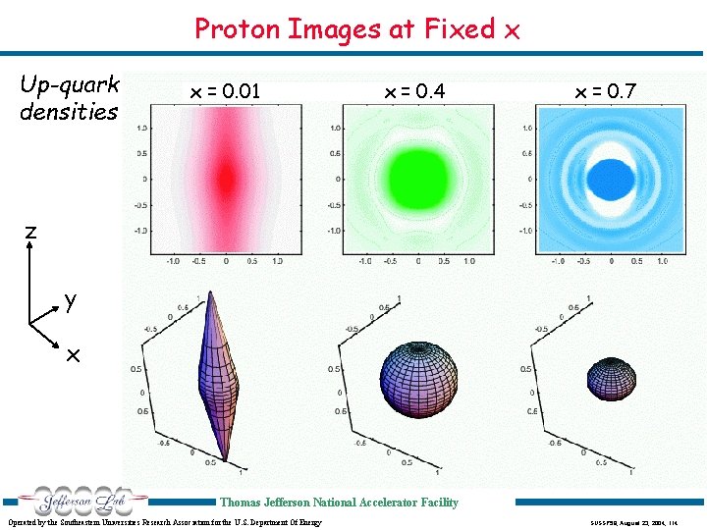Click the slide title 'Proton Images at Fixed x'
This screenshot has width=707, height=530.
(356, 29)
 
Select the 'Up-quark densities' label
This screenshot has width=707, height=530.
(69, 97)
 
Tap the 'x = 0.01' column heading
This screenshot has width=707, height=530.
(225, 92)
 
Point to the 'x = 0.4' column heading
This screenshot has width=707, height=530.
(414, 92)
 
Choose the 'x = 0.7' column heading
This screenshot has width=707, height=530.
(606, 92)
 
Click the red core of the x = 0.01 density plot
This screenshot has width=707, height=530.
(226, 178)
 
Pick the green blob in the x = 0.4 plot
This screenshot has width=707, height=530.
(417, 179)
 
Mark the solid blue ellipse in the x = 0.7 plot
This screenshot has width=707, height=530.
(612, 179)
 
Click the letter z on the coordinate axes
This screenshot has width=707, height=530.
(30, 232)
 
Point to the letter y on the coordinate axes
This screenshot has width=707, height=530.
(71, 299)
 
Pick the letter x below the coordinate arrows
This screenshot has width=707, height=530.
(73, 355)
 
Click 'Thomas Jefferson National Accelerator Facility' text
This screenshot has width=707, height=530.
(339, 503)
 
